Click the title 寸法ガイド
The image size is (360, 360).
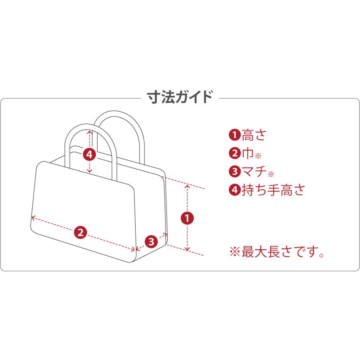[180, 97]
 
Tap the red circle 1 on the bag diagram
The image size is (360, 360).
[187, 218]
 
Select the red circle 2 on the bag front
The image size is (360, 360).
[80, 232]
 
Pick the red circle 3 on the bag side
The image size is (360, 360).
[151, 242]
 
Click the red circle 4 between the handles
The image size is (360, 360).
[89, 154]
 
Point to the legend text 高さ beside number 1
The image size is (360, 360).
[254, 135]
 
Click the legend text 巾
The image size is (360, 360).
[248, 153]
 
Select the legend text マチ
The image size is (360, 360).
[254, 171]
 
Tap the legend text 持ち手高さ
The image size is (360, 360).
[273, 190]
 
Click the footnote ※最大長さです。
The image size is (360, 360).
[277, 252]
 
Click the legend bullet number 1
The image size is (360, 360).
[235, 135]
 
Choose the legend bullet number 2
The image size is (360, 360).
[235, 153]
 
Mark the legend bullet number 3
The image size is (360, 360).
[235, 171]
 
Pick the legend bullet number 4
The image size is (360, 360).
[235, 190]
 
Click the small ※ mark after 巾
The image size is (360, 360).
[258, 156]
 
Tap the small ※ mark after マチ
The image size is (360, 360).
[271, 174]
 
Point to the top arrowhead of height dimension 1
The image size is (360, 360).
[187, 186]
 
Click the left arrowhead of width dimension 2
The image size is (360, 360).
[32, 217]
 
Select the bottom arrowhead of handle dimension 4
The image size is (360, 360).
[90, 171]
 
